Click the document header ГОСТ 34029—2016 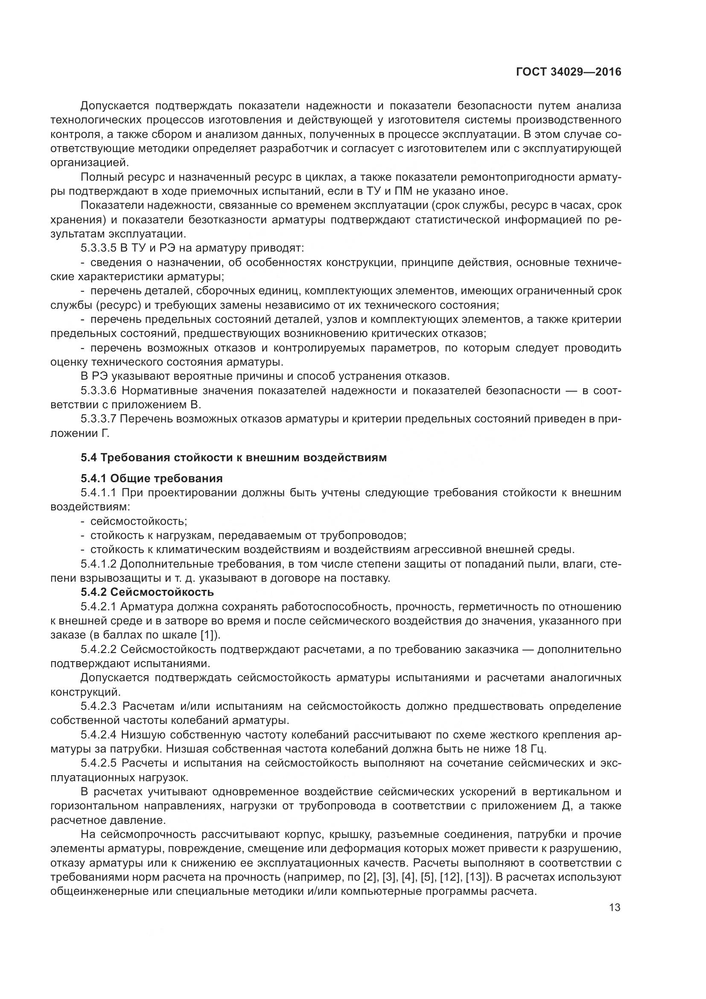tap(569, 72)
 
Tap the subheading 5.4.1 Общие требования tap(151, 479)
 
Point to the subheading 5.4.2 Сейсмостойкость tap(147, 592)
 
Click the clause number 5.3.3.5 tap(99, 249)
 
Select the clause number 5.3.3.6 tap(99, 390)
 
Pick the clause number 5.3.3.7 tap(99, 419)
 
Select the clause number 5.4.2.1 tap(99, 606)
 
